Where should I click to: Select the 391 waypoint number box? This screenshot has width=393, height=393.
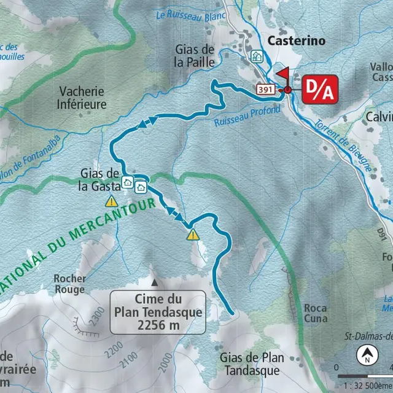tap(265, 89)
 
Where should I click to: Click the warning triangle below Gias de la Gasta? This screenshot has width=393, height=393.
tap(111, 201)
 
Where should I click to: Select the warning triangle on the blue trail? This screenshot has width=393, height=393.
tap(193, 234)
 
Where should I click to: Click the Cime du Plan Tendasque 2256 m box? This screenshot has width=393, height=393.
tap(157, 312)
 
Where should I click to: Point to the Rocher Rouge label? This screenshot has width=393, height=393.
tap(69, 283)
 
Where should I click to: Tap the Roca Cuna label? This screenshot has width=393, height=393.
tap(315, 313)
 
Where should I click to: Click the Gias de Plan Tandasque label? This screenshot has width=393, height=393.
tap(252, 364)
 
